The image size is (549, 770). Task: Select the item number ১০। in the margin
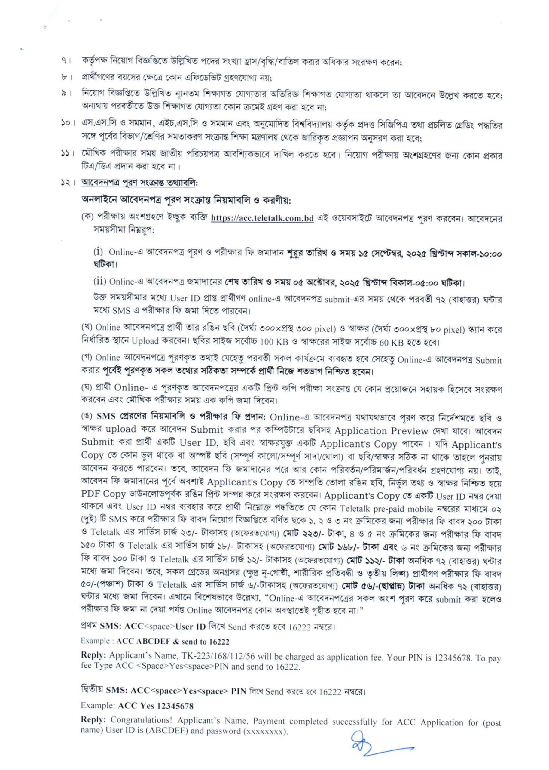tap(68, 125)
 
